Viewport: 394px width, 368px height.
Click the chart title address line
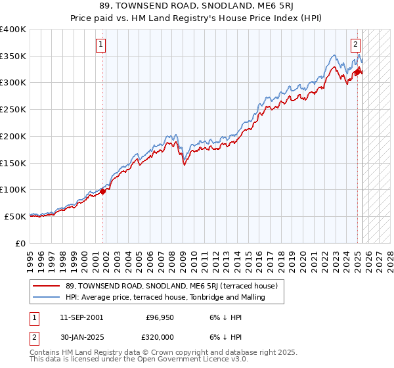tap(197, 7)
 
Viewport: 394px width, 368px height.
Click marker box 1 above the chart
tap(102, 45)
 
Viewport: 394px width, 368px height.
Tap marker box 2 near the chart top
tap(355, 45)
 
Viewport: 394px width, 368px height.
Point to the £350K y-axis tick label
tap(13, 57)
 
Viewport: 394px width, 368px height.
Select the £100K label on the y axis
tap(13, 189)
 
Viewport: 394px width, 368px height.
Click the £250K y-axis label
tap(13, 110)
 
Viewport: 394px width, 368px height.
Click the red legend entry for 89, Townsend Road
tap(172, 286)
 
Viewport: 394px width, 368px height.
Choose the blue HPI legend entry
tap(165, 297)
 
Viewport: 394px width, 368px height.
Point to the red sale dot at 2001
tap(103, 191)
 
